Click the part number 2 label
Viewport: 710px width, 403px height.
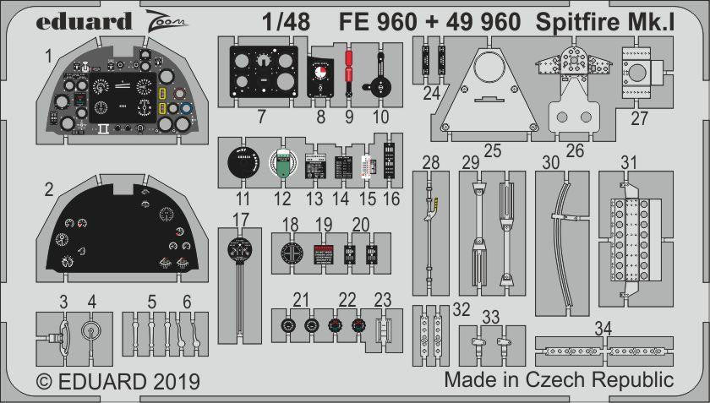(x=49, y=188)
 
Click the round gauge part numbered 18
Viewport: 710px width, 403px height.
(x=291, y=253)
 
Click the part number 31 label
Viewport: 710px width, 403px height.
(x=628, y=162)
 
